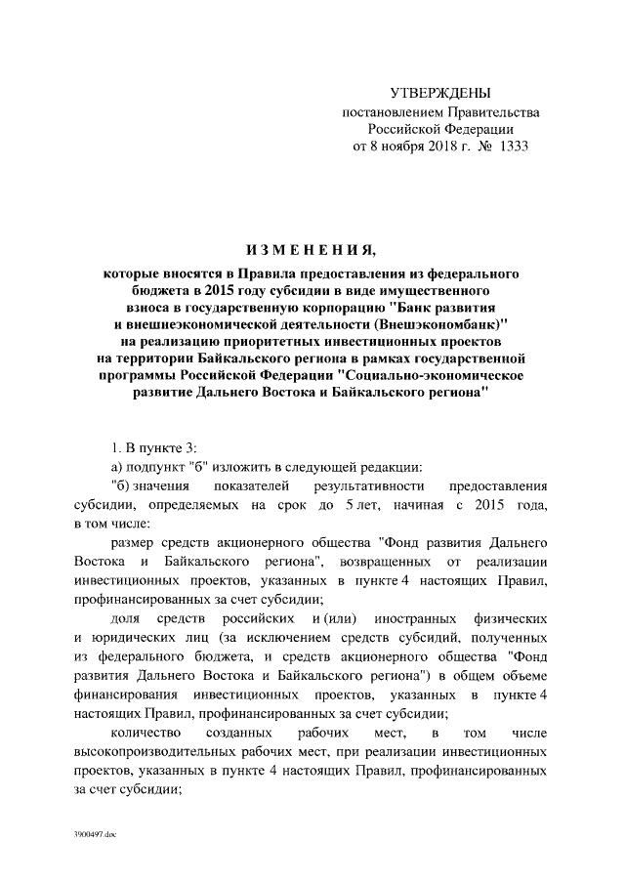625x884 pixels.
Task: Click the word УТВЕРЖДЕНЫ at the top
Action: [x=438, y=94]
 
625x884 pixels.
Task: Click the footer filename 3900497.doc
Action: [x=94, y=837]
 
